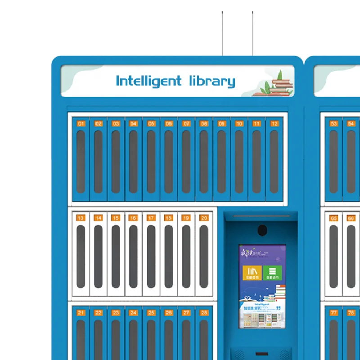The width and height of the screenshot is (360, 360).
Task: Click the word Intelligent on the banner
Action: pos(148,81)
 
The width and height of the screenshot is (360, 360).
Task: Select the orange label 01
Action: pos(81,123)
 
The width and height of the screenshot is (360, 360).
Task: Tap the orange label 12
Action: pos(274,123)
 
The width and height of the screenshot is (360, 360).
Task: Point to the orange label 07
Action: pos(186,123)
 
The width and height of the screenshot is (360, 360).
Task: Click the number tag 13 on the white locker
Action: pos(81,218)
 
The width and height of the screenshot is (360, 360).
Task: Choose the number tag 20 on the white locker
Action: pos(204,218)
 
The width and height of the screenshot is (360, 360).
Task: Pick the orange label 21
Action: pos(81,313)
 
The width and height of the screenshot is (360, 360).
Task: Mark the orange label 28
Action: pos(204,313)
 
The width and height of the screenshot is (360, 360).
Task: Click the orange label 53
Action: pos(333,123)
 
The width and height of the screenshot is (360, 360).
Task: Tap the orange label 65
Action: pos(333,218)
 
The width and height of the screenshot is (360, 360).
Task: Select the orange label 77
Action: pos(333,313)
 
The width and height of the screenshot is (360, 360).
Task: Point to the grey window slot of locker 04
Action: pos(133,162)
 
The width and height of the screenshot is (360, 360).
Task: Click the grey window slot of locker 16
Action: pos(133,256)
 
